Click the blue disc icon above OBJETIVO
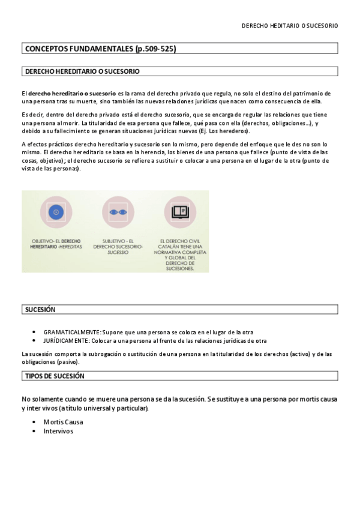point(56,212)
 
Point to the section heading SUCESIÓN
point(40,310)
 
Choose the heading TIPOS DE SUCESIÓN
point(55,376)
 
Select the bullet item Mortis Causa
point(63,422)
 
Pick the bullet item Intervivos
point(58,431)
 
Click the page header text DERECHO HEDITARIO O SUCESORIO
point(289,26)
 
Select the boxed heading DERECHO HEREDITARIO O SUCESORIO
point(82,71)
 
